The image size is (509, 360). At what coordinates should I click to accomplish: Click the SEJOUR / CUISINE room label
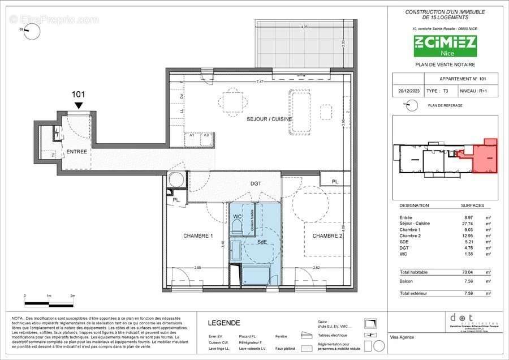tap(269, 119)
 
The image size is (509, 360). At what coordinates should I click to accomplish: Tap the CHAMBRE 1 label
tap(197, 235)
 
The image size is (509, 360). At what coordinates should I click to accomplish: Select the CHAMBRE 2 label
tap(329, 235)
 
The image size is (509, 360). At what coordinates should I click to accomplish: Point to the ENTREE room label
tap(76, 152)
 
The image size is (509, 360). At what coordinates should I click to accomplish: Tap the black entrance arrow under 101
tap(79, 105)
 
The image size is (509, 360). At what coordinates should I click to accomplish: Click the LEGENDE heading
tap(224, 323)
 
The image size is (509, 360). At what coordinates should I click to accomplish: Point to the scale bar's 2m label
tap(72, 295)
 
